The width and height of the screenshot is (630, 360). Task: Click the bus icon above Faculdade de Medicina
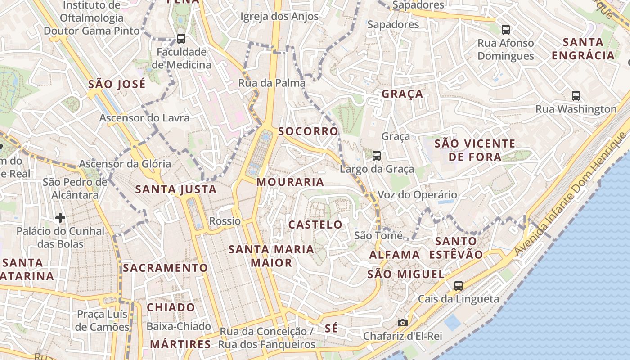pos(181,39)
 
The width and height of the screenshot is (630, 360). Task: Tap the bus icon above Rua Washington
pos(576,95)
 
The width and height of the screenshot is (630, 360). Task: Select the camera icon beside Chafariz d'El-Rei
pos(402,323)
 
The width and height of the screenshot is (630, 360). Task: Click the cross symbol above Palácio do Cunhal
pos(60,218)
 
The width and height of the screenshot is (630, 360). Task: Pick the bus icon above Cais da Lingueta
pos(458,285)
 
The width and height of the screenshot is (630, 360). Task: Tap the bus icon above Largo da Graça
pos(377,156)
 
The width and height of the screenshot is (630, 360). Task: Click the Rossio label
pos(225,221)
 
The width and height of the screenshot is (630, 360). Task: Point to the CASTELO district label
pos(315,225)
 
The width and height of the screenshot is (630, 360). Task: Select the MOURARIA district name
pos(290,182)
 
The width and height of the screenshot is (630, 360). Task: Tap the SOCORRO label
pos(308,131)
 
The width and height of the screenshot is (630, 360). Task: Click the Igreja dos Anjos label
pos(279,17)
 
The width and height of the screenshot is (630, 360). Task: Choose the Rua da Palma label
pos(272,83)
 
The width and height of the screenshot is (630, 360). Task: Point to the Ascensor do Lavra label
pos(144,118)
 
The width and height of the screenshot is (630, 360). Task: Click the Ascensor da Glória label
pos(125,164)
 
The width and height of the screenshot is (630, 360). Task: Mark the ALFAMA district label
pos(395,255)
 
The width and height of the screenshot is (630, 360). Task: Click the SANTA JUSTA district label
pos(176,189)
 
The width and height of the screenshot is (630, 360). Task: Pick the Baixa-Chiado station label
pos(179,326)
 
